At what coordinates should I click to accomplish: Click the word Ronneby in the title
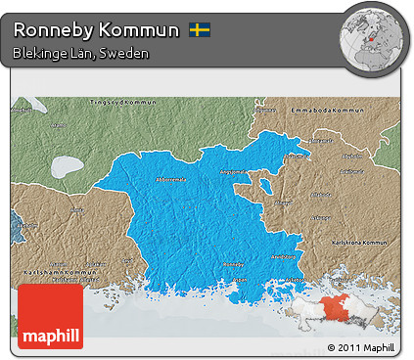pos(50,30)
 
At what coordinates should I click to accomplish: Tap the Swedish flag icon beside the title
pos(200,30)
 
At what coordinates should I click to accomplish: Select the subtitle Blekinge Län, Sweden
pos(81,53)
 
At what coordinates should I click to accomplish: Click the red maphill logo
pos(50,315)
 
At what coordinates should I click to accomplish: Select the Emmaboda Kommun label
pos(341,110)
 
